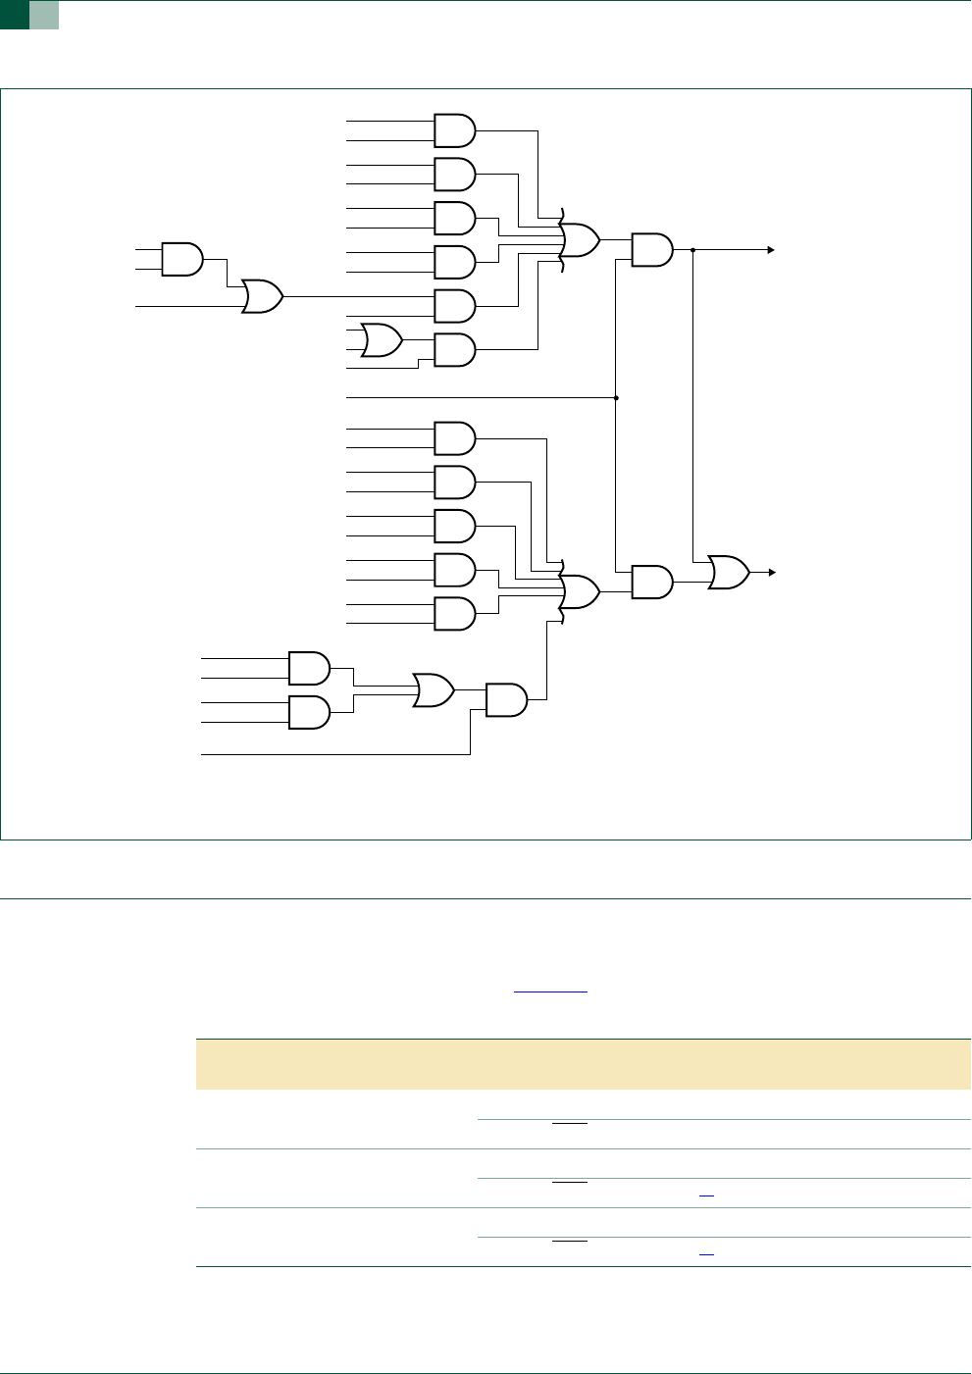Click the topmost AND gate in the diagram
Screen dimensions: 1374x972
tap(454, 130)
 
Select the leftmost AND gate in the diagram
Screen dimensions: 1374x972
tap(181, 259)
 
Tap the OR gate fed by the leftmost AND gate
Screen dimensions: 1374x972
tap(262, 296)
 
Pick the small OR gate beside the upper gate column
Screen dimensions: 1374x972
tap(381, 340)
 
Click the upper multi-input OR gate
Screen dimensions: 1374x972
tap(580, 239)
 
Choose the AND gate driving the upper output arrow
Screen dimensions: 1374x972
tap(652, 250)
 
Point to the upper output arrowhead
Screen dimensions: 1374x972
tap(772, 250)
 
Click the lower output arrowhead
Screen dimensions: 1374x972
tap(772, 572)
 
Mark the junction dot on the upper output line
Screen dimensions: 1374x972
tap(693, 250)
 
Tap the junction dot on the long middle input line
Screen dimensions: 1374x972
tap(616, 397)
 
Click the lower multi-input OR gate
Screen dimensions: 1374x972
tap(580, 591)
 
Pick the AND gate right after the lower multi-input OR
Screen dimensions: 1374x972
tap(652, 582)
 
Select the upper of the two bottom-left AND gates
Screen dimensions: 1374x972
tap(309, 668)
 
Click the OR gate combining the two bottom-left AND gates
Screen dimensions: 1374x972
tap(433, 690)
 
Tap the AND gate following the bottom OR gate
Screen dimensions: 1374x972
tap(506, 699)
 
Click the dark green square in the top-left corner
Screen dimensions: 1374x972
tap(14, 14)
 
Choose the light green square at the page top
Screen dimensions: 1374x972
tap(44, 14)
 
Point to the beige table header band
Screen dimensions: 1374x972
tap(583, 1064)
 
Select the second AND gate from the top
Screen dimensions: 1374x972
tap(454, 174)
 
